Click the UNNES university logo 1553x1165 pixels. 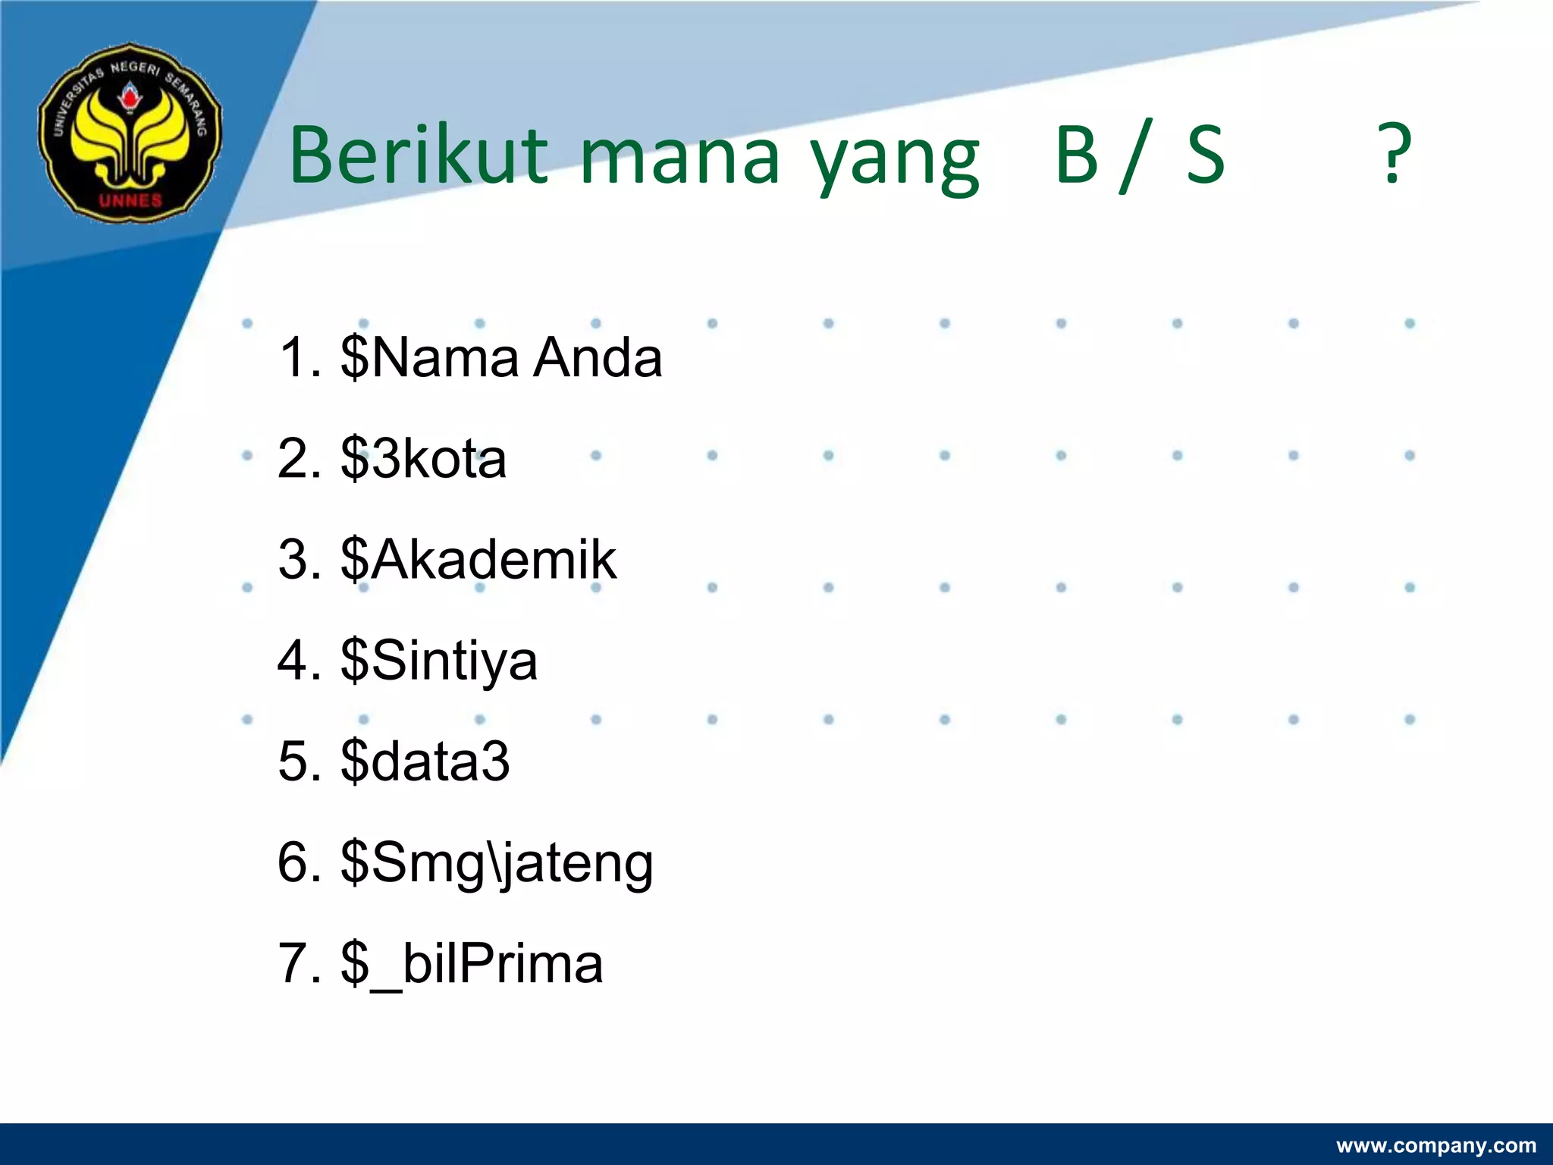tap(130, 133)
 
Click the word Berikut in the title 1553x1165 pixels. tap(418, 155)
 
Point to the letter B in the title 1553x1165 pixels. tap(1078, 155)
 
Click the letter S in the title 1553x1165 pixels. tap(1206, 155)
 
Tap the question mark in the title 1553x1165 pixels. tap(1394, 155)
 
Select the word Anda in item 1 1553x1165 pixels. tap(597, 357)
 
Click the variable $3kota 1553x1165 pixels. tap(423, 458)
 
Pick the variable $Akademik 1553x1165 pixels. tap(478, 560)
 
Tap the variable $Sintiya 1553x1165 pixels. tap(438, 661)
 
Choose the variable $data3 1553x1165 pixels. tap(425, 761)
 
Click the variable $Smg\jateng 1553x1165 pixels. tap(497, 863)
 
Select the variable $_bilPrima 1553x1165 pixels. tap(472, 964)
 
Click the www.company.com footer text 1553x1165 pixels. tap(1435, 1145)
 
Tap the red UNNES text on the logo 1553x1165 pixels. tap(130, 200)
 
